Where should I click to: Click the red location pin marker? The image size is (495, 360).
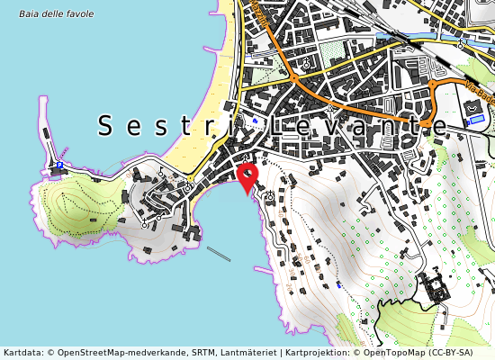pyautogui.click(x=246, y=174)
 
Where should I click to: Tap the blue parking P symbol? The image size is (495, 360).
pyautogui.click(x=59, y=166)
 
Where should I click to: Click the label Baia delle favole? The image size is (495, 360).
pyautogui.click(x=56, y=13)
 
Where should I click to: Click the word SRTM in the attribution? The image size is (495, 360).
pyautogui.click(x=196, y=353)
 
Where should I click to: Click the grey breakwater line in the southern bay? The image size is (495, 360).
pyautogui.click(x=218, y=254)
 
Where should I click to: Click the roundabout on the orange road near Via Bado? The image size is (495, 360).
pyautogui.click(x=432, y=85)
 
